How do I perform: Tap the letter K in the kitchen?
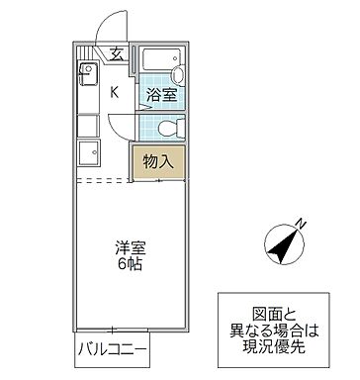[114, 93]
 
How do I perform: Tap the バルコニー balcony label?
[114, 351]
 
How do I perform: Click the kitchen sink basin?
[85, 75]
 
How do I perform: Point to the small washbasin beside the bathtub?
[179, 76]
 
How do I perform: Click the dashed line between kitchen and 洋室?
[104, 181]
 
